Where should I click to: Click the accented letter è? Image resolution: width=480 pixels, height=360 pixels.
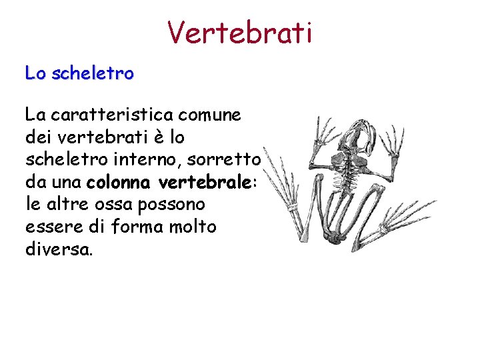(152, 137)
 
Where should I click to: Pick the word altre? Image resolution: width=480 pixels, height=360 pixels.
(65, 204)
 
